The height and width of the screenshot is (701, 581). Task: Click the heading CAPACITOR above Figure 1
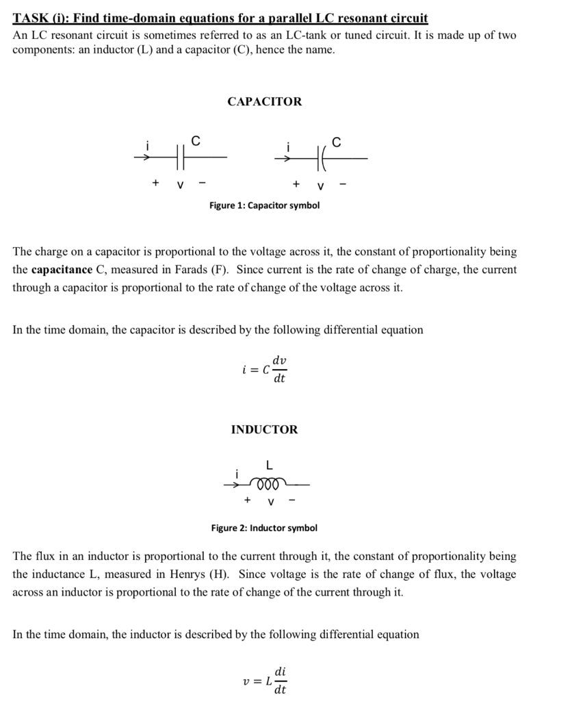point(264,101)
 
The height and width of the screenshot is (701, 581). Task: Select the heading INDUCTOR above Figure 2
point(264,429)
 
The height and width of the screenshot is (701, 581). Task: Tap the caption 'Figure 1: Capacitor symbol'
point(264,205)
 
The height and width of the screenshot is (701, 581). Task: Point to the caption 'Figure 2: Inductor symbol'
point(264,528)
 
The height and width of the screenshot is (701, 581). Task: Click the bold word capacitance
point(62,270)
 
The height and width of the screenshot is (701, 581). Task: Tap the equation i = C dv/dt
point(264,369)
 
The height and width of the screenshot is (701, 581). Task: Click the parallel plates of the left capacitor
point(180,157)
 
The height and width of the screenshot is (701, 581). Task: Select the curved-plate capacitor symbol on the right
point(320,158)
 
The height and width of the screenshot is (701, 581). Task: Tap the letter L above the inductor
point(269,466)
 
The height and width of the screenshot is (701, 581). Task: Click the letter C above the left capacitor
point(196,140)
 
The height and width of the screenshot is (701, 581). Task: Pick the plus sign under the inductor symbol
point(247,500)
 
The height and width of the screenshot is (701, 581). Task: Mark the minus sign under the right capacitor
point(343,183)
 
